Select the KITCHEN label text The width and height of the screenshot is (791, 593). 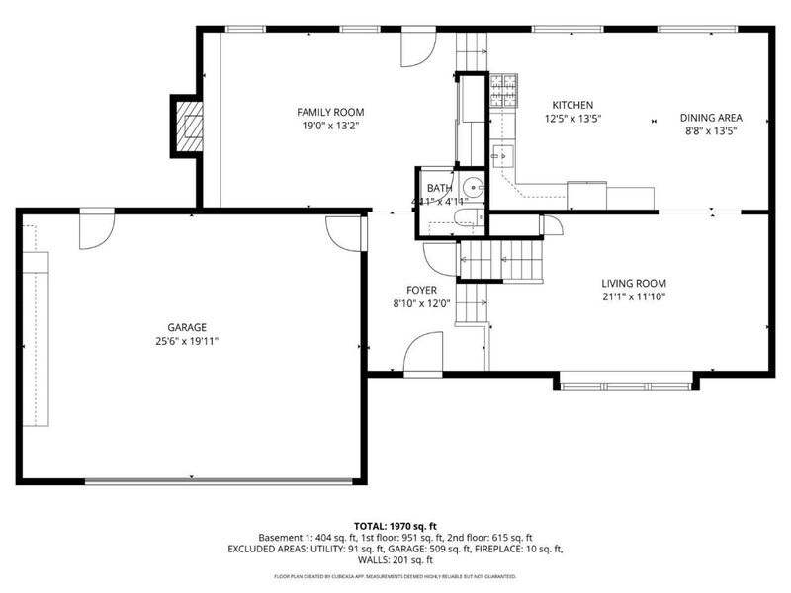coord(571,105)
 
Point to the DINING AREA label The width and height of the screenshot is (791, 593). coord(710,117)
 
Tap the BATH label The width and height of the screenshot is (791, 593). coord(438,188)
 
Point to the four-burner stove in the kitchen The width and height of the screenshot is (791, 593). coord(505,90)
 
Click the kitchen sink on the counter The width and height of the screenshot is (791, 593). coord(501,154)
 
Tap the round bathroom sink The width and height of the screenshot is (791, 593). coord(474,187)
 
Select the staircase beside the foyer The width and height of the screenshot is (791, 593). coord(499,260)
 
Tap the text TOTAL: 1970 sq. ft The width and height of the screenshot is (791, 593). coord(395,526)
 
